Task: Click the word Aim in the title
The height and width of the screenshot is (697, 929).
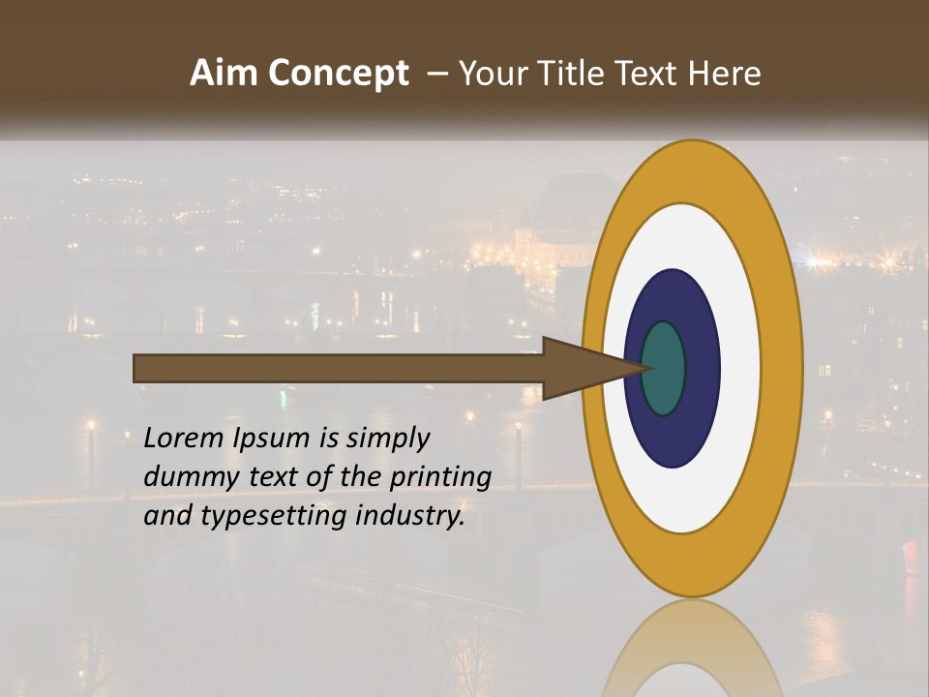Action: click(225, 74)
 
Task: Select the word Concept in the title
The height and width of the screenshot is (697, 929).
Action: click(337, 74)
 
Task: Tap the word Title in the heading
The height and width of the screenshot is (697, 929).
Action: click(578, 74)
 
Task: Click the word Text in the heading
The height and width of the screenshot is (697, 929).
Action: click(650, 74)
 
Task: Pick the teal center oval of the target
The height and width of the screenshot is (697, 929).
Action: click(663, 368)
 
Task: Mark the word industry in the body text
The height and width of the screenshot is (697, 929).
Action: click(410, 517)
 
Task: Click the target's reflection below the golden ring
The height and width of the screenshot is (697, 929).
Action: click(692, 649)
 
